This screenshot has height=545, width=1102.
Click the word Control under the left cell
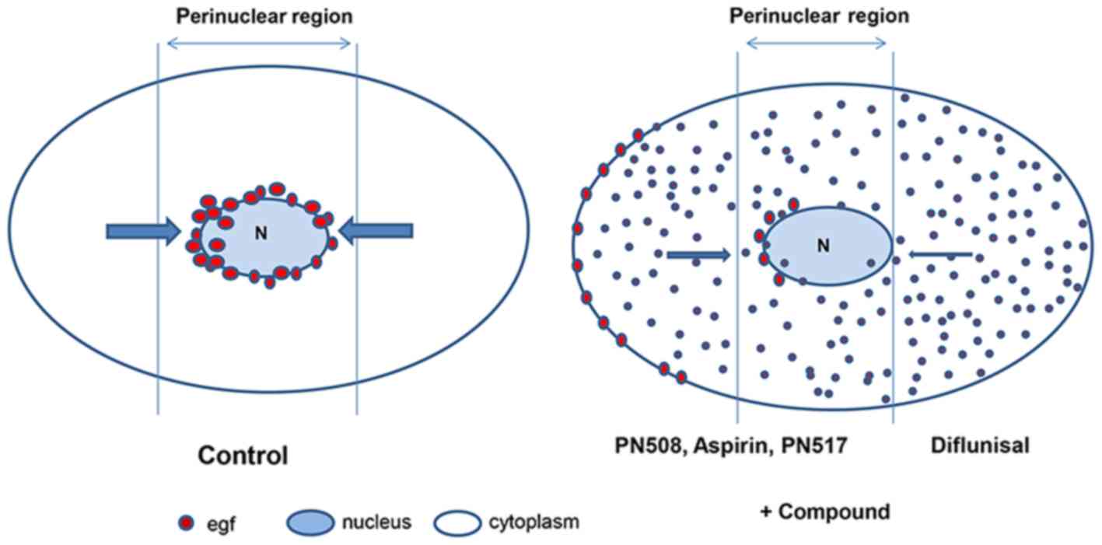point(243,454)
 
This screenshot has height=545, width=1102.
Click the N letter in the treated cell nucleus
point(824,245)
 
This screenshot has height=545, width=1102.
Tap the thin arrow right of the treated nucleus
point(940,253)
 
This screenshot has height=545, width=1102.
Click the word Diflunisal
point(979,445)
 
